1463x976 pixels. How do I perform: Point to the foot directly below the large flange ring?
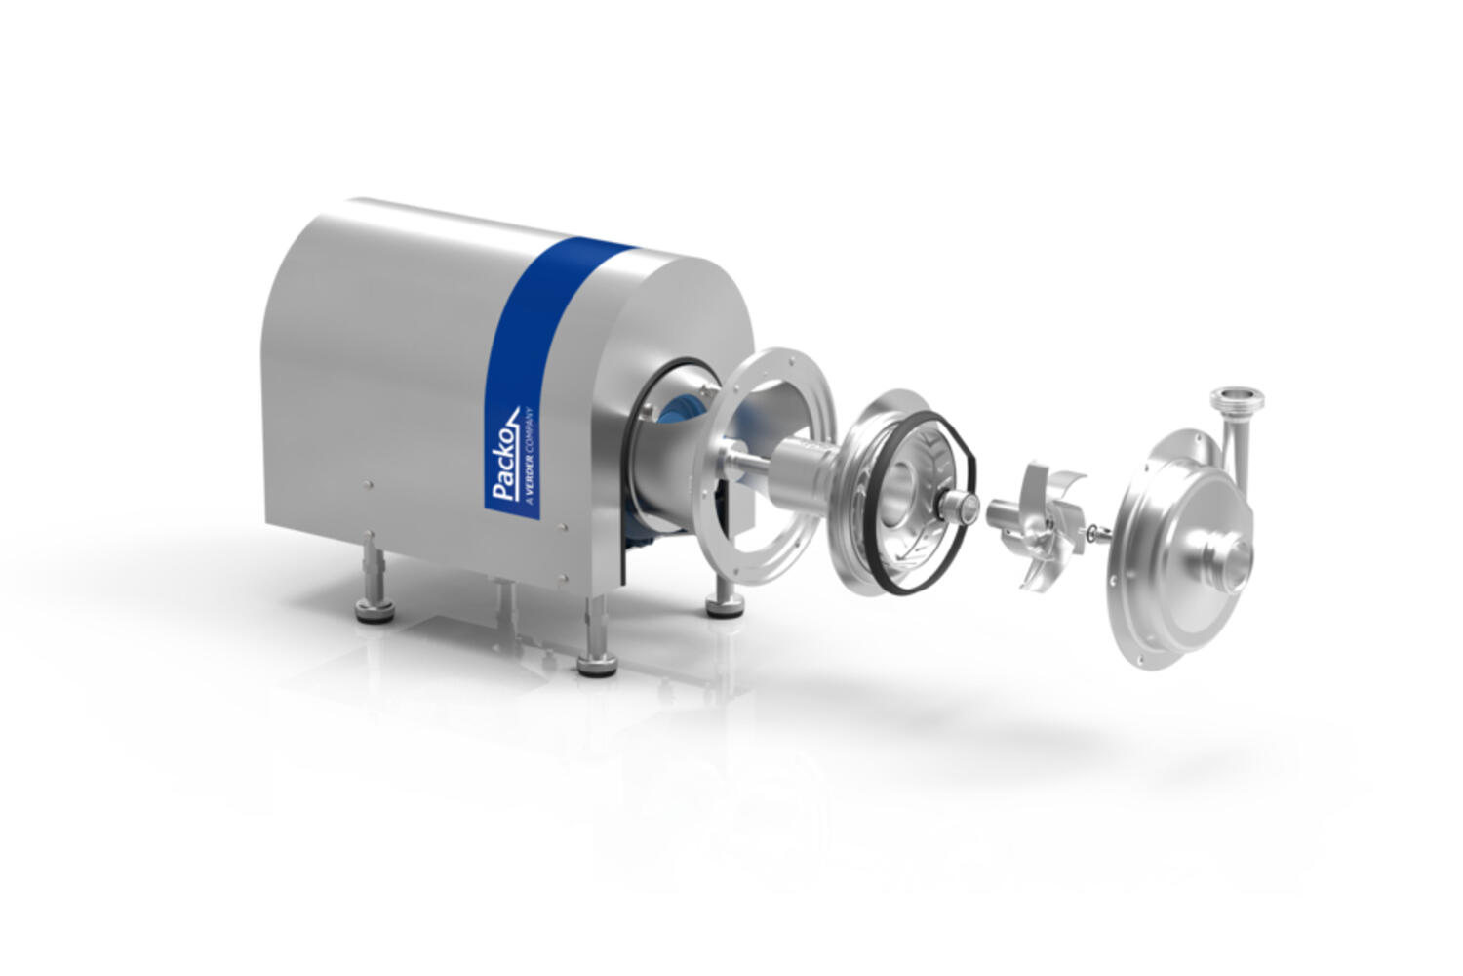click(725, 598)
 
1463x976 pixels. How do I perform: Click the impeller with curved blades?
click(1039, 524)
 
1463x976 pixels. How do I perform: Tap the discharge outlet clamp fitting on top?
click(1237, 401)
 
